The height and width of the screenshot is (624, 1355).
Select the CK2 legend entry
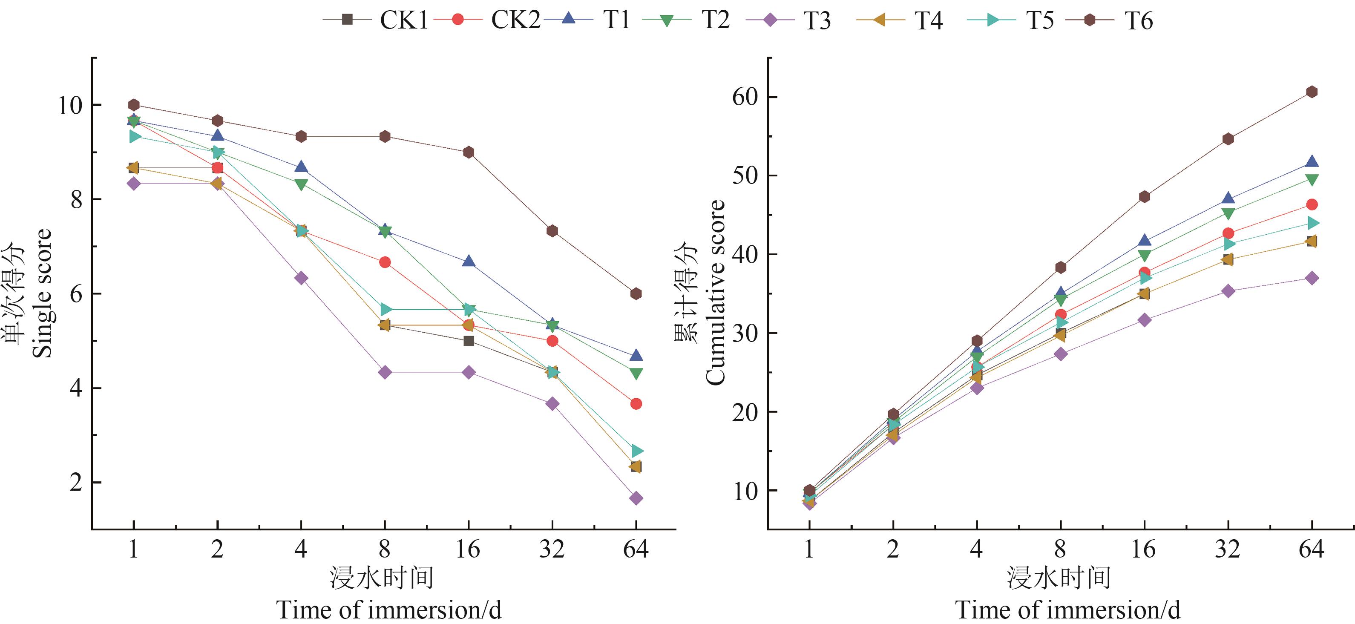pos(489,20)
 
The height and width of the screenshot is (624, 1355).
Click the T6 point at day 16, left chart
pos(468,152)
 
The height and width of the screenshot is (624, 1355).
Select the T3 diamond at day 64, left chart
pos(636,498)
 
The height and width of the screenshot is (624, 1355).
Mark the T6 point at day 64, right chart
pos(1312,92)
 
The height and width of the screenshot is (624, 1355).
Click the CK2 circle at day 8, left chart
pos(385,262)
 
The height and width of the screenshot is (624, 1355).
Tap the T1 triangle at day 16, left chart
pos(468,262)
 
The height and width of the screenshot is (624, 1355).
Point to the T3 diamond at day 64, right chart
pos(1312,278)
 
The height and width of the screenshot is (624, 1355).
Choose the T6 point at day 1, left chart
pos(134,105)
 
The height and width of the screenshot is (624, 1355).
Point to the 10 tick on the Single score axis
pos(70,105)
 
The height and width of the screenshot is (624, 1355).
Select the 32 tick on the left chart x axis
pos(552,550)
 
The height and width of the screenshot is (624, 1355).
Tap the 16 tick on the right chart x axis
pos(1144,550)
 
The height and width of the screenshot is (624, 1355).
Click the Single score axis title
pos(42,293)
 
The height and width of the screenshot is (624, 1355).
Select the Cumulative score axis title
pos(715,293)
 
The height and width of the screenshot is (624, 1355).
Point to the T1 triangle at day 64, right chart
pos(1312,162)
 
